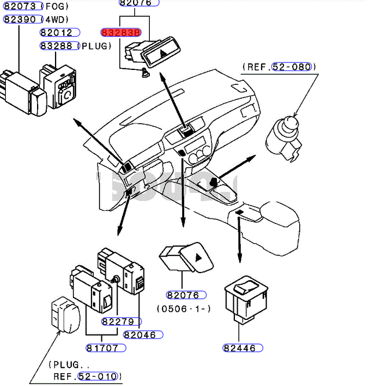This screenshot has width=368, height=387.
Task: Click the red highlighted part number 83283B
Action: (121, 32)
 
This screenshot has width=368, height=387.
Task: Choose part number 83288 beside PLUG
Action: (58, 45)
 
